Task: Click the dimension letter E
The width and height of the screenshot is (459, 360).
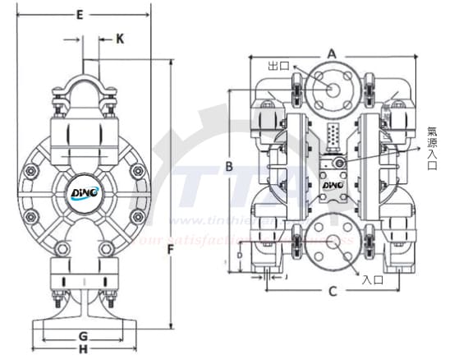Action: tap(80, 14)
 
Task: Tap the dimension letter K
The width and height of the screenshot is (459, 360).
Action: tap(120, 38)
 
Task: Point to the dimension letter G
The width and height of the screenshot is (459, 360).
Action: tap(82, 335)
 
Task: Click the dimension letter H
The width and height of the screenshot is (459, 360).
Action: tap(82, 350)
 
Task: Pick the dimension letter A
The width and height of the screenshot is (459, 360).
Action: tap(332, 53)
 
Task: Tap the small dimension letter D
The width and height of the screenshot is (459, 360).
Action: tap(239, 256)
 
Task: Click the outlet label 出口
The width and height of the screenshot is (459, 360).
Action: tap(279, 64)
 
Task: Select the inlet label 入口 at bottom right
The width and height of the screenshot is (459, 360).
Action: tap(373, 279)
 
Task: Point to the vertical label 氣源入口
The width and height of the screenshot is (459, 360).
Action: tap(432, 147)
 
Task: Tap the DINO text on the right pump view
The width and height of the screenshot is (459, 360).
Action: tap(333, 187)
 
